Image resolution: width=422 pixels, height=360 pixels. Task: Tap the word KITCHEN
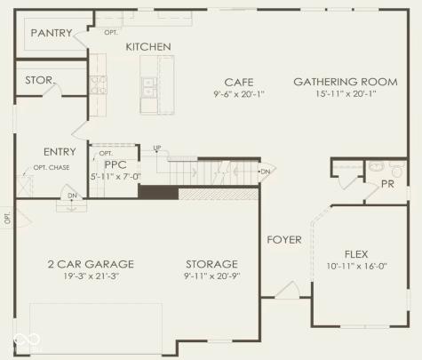point(147,46)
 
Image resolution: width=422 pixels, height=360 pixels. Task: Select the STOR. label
point(39,79)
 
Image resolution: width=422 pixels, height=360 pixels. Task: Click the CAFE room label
point(239,82)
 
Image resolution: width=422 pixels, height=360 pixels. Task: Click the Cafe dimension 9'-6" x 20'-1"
point(239,94)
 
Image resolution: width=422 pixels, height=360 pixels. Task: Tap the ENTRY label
point(60,152)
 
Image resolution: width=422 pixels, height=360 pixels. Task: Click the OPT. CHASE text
point(52,168)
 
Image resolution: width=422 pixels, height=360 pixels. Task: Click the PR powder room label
point(387,184)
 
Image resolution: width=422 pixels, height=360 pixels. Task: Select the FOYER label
point(284,240)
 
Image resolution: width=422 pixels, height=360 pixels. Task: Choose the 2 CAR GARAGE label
point(90,264)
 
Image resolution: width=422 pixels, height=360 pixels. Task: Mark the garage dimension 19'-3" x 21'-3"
point(90,277)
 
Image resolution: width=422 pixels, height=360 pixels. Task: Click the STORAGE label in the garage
point(211,264)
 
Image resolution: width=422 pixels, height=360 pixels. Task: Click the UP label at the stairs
point(157,148)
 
